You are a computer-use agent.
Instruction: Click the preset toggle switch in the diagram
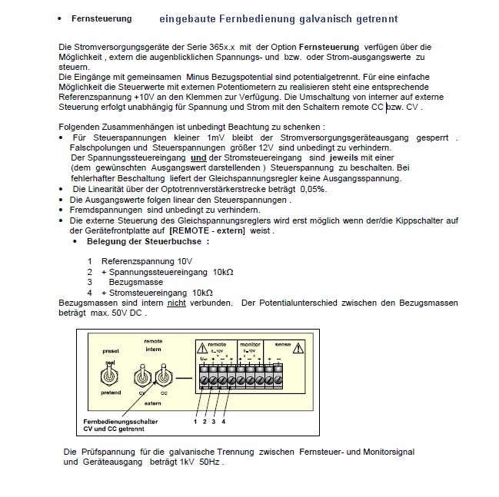click(x=111, y=376)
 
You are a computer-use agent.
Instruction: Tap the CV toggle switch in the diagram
click(x=142, y=377)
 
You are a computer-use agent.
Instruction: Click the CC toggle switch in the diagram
click(x=162, y=377)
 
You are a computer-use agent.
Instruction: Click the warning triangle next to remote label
click(x=200, y=348)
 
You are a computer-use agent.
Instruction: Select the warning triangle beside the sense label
click(x=298, y=348)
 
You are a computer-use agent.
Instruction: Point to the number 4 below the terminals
click(x=224, y=421)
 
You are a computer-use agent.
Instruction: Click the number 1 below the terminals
click(x=195, y=421)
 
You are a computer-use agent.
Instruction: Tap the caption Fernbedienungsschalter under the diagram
click(x=120, y=422)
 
